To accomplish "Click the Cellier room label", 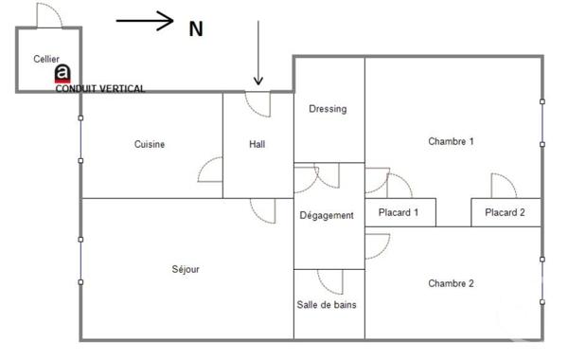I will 46,59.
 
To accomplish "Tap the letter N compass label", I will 196,29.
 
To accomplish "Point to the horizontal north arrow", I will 145,20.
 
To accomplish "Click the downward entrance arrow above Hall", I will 257,52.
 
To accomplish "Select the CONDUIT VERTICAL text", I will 100,89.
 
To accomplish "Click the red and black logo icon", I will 62,74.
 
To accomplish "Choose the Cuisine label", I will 150,145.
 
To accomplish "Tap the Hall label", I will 257,145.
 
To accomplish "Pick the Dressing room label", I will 328,109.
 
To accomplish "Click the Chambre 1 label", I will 451,141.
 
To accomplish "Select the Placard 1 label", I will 399,213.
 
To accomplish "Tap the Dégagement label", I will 327,216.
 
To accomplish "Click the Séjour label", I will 186,269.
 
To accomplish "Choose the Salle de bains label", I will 328,305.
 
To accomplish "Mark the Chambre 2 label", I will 451,283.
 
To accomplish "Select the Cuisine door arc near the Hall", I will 210,171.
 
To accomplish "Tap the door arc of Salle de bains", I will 329,281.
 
